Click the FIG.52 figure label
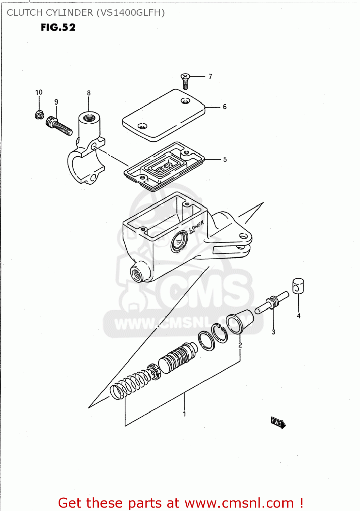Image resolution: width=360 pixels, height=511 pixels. click(x=58, y=28)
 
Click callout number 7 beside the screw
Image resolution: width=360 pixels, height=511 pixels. click(x=210, y=76)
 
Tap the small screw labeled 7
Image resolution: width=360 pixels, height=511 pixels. click(x=185, y=81)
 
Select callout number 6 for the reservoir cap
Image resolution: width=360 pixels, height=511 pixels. click(x=225, y=107)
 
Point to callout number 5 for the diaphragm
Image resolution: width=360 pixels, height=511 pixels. click(x=225, y=159)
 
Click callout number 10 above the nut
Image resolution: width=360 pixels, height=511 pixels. click(x=39, y=92)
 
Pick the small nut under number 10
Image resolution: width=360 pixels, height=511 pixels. click(x=39, y=115)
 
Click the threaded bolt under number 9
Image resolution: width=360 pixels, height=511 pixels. click(x=60, y=126)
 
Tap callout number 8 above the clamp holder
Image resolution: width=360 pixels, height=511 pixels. click(x=89, y=93)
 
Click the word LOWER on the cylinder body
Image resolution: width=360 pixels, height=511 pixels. click(x=196, y=226)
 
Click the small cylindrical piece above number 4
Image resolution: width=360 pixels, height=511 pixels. click(x=298, y=286)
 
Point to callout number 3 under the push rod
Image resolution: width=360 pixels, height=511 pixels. click(x=273, y=332)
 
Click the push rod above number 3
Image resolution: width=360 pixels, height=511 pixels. click(x=272, y=301)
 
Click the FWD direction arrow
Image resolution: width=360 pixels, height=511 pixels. click(x=278, y=423)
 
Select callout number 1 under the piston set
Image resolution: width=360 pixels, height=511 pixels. click(x=185, y=414)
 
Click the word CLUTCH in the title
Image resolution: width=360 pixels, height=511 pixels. click(x=25, y=13)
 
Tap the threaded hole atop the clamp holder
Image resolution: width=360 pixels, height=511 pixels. click(x=89, y=118)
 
